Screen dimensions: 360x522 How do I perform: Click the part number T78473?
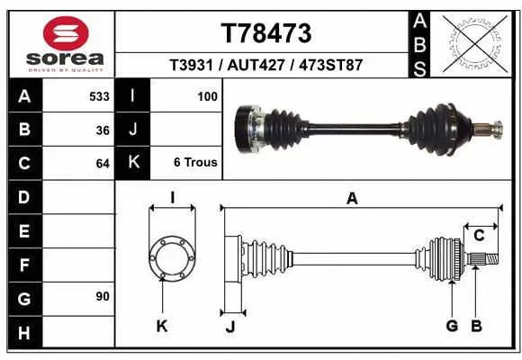pos(265,34)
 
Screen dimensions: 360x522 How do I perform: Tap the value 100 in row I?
pos(207,95)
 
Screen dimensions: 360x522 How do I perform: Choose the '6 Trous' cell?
pos(195,163)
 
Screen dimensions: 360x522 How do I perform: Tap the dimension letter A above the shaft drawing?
pos(352,199)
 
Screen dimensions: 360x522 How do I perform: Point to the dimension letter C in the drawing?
pos(480,236)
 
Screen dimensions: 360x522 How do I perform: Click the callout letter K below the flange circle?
pos(162,327)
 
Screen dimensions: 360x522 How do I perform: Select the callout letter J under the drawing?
pos(229,327)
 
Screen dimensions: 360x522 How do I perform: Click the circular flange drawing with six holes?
pos(171,256)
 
